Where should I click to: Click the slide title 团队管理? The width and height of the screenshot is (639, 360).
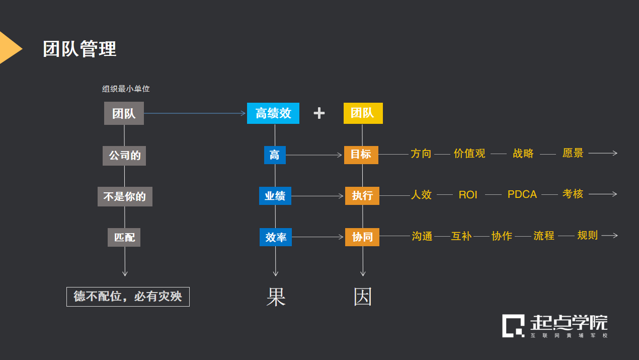[x=79, y=49]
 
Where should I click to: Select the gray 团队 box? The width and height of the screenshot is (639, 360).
[x=124, y=113]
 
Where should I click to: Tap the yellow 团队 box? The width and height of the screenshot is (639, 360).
[x=363, y=113]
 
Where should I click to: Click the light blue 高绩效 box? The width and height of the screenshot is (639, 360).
[x=273, y=113]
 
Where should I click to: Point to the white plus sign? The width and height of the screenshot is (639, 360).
[x=319, y=113]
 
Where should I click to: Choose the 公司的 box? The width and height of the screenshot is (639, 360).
[x=124, y=156]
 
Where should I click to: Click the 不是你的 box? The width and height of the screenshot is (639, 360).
[x=125, y=196]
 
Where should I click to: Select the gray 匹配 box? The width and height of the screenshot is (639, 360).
[x=124, y=237]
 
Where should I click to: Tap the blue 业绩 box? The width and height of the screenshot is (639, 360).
[x=275, y=196]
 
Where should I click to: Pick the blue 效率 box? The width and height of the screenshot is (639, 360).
[x=276, y=237]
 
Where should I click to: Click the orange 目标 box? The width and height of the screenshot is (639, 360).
[x=361, y=155]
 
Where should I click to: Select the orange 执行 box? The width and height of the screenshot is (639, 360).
[x=362, y=196]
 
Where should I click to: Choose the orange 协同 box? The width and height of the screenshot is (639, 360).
[x=362, y=237]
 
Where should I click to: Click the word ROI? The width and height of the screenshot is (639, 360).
[x=468, y=195]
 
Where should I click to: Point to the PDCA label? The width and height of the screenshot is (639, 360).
[x=522, y=195]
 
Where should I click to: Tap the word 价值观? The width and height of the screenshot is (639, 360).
[x=469, y=154]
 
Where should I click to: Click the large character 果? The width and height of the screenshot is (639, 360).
[x=276, y=298]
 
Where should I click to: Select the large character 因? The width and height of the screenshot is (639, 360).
[x=363, y=298]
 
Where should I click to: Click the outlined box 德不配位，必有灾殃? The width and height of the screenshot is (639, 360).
[x=128, y=297]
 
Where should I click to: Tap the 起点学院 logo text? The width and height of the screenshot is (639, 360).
[x=569, y=323]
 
